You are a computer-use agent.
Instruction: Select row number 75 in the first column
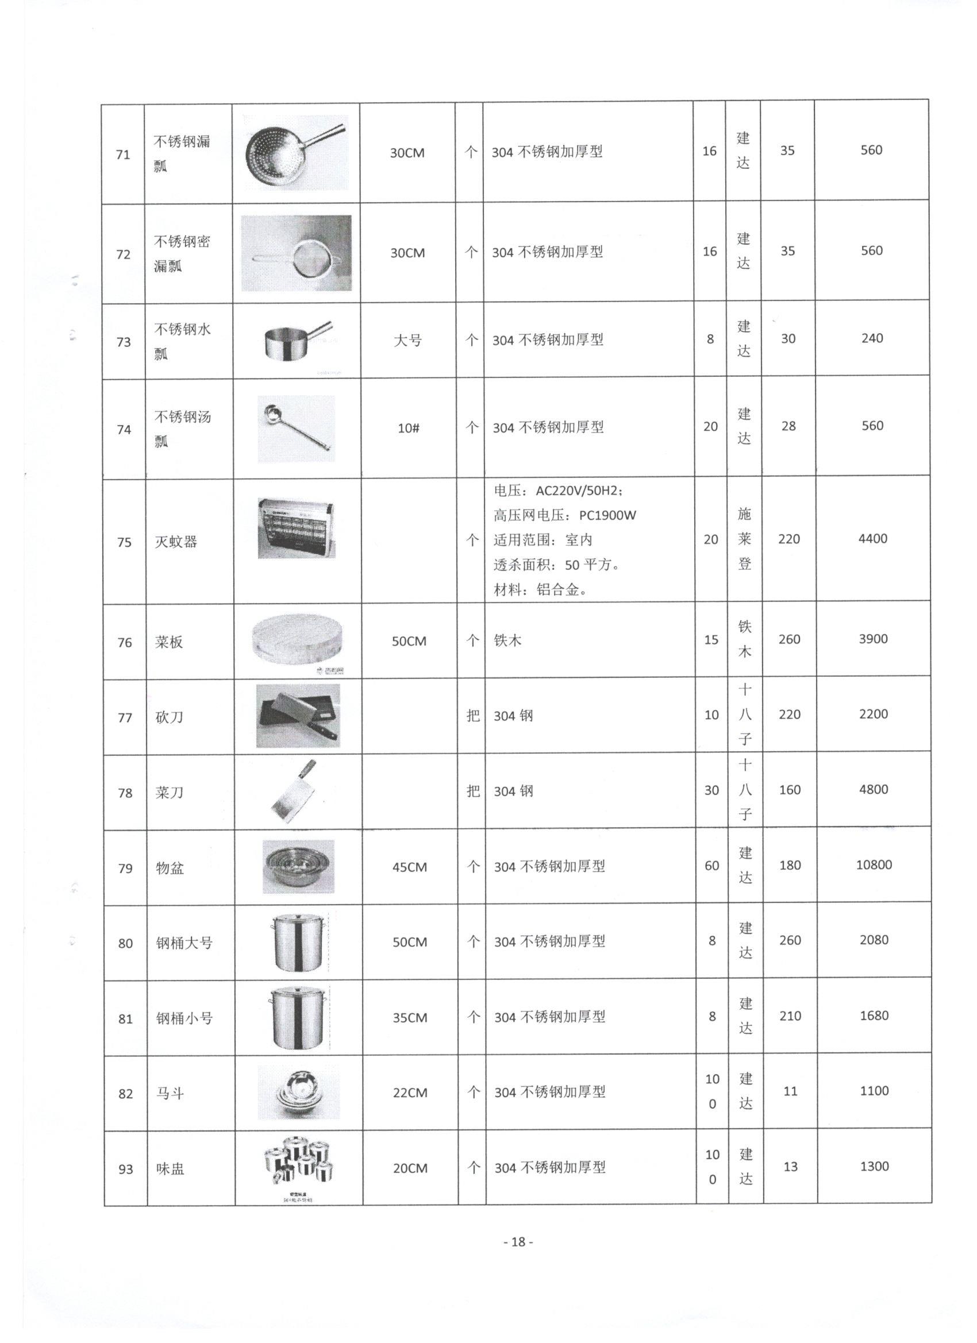(x=124, y=542)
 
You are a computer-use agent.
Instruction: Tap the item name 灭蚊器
(x=176, y=542)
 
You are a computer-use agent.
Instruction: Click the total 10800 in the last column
(x=874, y=865)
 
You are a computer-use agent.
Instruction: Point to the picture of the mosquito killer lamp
(x=296, y=528)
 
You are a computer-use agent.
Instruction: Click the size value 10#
(x=409, y=427)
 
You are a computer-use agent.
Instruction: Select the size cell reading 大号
(x=407, y=341)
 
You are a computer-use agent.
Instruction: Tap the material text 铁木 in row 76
(x=508, y=640)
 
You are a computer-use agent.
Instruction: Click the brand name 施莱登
(x=744, y=539)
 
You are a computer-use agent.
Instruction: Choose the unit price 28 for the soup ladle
(x=788, y=426)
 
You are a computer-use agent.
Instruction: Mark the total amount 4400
(x=873, y=539)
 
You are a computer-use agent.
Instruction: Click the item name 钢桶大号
(x=184, y=943)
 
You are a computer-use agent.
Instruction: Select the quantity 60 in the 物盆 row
(x=711, y=865)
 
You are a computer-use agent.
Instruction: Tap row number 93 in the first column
(x=126, y=1169)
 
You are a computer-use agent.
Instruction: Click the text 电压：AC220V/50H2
(x=557, y=491)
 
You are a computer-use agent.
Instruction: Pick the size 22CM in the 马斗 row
(x=410, y=1093)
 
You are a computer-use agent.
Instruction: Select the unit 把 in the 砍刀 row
(x=473, y=715)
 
